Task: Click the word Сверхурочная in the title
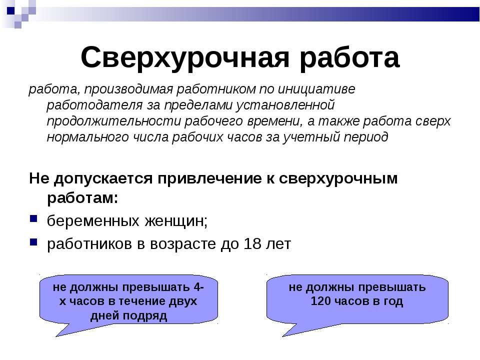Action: (185, 58)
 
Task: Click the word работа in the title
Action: (349, 57)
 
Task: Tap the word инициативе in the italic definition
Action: (316, 89)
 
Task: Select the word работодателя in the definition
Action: (94, 105)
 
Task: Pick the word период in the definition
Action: (366, 137)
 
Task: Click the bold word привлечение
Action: (209, 178)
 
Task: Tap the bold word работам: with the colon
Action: (82, 198)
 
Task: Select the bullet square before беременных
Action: (33, 218)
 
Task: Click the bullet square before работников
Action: (33, 242)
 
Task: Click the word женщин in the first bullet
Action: (176, 221)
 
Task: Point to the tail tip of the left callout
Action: (56, 336)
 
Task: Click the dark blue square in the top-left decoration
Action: (10, 10)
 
